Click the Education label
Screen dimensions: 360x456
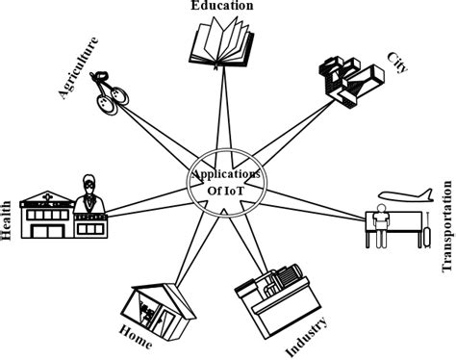pyautogui.click(x=221, y=6)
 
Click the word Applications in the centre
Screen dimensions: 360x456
pyautogui.click(x=228, y=173)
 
